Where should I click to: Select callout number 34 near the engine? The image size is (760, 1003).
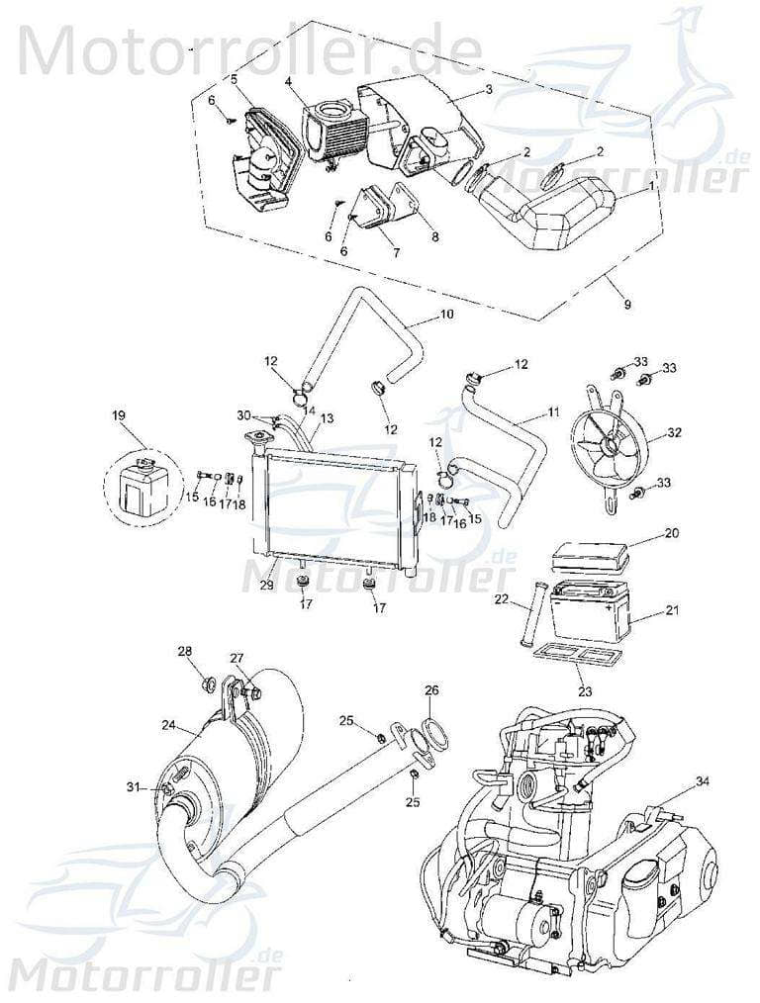point(702,782)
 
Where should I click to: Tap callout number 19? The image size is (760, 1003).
point(120,416)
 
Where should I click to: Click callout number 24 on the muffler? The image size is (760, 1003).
point(168,725)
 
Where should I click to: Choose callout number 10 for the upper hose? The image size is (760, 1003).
point(446,315)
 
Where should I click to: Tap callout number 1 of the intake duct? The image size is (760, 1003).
point(649,185)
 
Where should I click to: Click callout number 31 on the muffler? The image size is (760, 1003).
point(133,787)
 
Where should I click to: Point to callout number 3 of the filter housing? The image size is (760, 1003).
point(488,89)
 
